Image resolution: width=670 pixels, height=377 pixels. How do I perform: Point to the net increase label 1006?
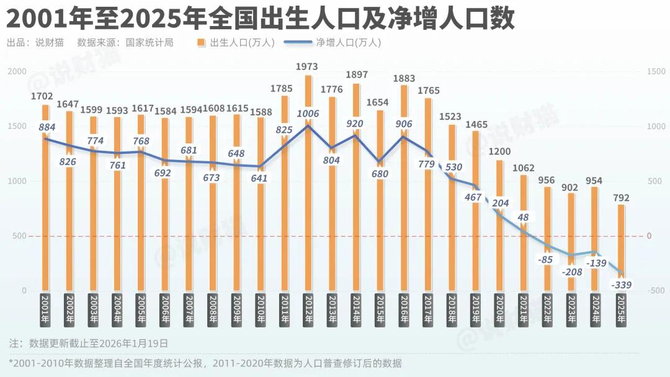(308, 113)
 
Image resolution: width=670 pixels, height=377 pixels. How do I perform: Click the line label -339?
(621, 285)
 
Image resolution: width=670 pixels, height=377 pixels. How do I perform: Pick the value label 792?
(620, 198)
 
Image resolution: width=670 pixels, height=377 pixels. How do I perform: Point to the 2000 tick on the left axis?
(17, 72)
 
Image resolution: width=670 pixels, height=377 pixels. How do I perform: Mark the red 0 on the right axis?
(649, 236)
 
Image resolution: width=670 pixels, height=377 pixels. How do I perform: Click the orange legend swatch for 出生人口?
(202, 43)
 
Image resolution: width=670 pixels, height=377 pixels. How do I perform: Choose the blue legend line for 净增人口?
(298, 43)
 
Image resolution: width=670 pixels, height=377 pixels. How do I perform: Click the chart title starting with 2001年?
(261, 19)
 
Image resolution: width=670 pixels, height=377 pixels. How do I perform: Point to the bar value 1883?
(404, 78)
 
